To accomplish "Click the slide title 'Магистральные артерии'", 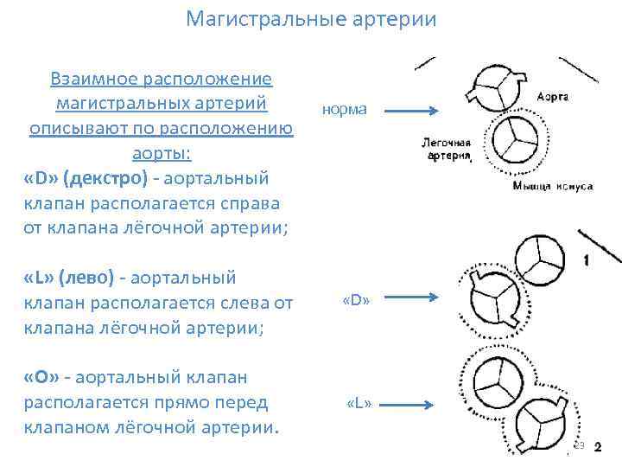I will coord(311,19).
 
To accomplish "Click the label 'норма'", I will coord(344,110).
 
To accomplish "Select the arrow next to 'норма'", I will coord(413,111).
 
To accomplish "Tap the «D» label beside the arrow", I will coord(356,301).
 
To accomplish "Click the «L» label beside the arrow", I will coord(358,403).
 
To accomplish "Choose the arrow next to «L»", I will coord(413,403).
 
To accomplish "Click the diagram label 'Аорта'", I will coord(552,97).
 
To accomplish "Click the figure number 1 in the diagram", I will coord(587,259).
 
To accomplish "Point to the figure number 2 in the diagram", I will coord(598,447).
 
